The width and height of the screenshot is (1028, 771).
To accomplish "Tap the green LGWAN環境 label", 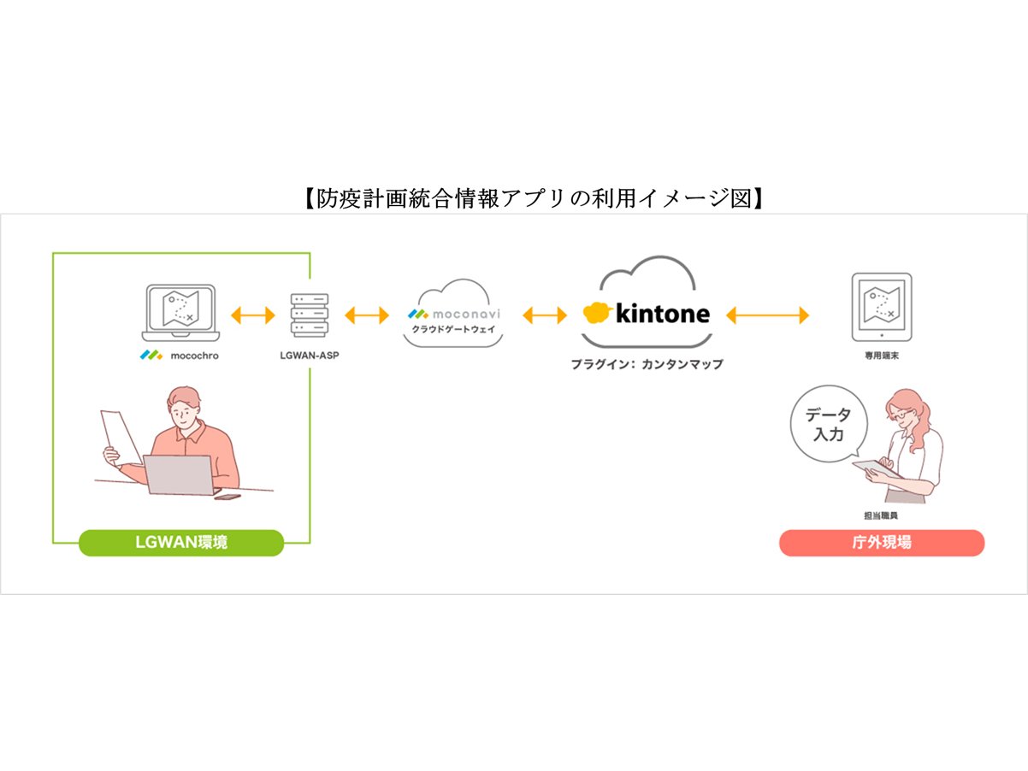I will point(180,543).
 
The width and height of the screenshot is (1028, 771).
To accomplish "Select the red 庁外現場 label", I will point(881,543).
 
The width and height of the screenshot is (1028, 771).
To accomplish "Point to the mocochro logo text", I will point(179,355).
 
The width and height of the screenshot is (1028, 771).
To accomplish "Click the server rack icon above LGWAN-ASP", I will point(310,315).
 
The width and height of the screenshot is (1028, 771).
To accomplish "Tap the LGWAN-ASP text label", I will point(310,355).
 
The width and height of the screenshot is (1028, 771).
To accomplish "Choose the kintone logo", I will point(647,314).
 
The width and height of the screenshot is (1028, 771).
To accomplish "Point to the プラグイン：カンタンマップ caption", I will point(647,364).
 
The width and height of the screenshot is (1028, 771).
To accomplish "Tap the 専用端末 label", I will point(881,355).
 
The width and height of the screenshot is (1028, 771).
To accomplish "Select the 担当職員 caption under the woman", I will point(881,516).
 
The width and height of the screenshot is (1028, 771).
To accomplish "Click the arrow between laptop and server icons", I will point(253,315).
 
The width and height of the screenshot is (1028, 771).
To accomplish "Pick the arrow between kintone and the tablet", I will point(767,315).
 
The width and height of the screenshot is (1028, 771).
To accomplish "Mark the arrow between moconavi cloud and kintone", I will point(545,315).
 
